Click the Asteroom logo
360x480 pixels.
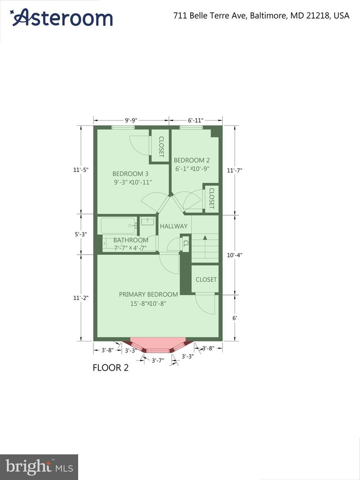pos(61,17)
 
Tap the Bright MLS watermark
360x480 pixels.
pos(39,467)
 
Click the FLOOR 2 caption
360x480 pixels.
pos(111,368)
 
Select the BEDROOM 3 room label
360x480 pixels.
pos(130,174)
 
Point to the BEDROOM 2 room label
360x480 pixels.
pos(192,160)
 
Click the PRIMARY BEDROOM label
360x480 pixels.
pos(148,295)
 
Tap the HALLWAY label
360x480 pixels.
pos(174,226)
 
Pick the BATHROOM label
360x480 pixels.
pos(131,240)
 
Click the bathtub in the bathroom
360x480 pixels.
pos(119,226)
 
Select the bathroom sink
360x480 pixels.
pos(148,221)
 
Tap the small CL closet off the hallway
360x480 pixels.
pos(185,244)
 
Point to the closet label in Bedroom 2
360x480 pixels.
pos(211,198)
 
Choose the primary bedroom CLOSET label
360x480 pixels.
pos(206,280)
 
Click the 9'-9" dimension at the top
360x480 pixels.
pos(131,120)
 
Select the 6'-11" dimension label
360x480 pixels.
pos(196,120)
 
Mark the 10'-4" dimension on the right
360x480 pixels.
pos(235,255)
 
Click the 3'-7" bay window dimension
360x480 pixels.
pos(158,360)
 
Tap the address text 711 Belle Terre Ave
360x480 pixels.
pos(210,16)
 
